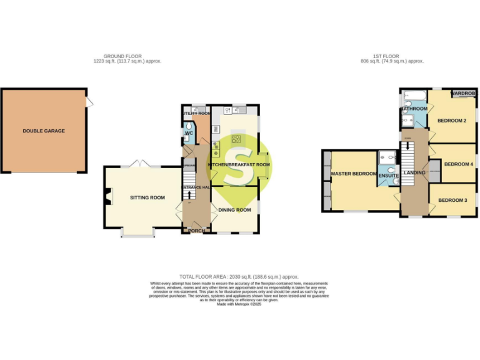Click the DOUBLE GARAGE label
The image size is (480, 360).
click(44, 131)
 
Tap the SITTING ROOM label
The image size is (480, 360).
click(147, 197)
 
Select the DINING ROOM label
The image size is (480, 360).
click(235, 210)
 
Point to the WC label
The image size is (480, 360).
click(189, 133)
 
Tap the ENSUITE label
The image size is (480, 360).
click(389, 176)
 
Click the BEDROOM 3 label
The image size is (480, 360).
click(452, 200)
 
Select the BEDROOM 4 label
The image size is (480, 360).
click(457, 164)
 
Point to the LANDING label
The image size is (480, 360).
click(414, 172)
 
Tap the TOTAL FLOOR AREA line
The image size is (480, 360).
click(239, 276)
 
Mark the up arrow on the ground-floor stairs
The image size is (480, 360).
click(189, 202)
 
